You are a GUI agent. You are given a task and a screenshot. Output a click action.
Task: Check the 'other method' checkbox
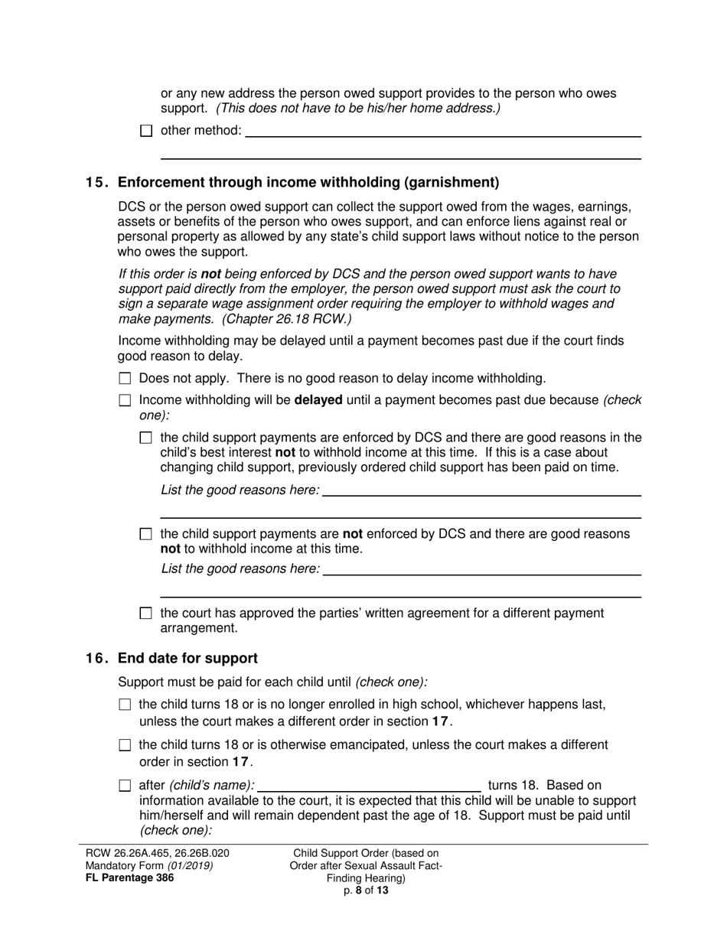(147, 131)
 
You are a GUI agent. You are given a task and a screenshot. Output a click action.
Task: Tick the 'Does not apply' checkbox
(126, 379)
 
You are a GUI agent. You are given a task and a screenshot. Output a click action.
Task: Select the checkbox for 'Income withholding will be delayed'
(126, 400)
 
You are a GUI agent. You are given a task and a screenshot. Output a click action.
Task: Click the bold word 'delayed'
(318, 400)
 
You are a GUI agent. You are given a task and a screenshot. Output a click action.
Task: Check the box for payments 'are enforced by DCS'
(147, 438)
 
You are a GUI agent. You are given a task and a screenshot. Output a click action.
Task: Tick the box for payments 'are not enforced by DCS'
(147, 534)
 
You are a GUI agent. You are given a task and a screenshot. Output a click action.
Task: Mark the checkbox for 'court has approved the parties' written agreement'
(147, 614)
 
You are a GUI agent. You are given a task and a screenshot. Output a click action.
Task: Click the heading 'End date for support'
(187, 658)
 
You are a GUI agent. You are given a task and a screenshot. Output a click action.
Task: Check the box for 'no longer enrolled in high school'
(126, 705)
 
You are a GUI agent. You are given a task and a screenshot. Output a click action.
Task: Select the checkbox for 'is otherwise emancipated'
(126, 745)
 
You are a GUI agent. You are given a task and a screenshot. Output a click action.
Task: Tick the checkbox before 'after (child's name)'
(126, 786)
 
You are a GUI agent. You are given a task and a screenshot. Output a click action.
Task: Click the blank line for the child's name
(371, 786)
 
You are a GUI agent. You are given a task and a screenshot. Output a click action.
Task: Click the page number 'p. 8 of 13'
(366, 890)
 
